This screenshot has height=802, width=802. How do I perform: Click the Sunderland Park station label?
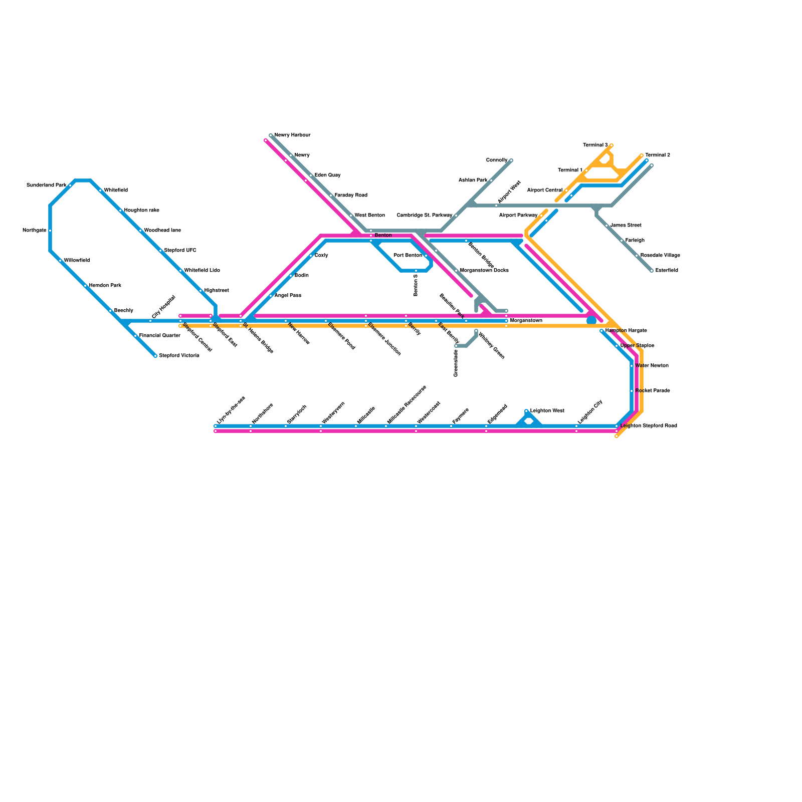tap(46, 185)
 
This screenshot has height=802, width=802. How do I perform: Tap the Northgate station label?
tap(35, 231)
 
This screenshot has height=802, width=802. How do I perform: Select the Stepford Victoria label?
tap(179, 356)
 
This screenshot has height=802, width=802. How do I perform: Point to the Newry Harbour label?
tap(292, 135)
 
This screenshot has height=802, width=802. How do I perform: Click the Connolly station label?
tap(497, 160)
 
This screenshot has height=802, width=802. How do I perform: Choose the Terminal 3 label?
tap(595, 145)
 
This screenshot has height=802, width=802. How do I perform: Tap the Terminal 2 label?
tap(657, 155)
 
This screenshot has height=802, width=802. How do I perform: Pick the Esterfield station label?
tap(667, 271)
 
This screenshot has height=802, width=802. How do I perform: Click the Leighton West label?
tap(547, 411)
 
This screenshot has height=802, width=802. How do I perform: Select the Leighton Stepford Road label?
tap(649, 426)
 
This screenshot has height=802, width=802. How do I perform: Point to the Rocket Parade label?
tap(652, 391)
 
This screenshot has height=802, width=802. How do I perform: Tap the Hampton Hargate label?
tap(626, 331)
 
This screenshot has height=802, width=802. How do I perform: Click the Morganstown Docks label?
tap(484, 271)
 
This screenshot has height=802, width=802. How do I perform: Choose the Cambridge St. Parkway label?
tap(424, 216)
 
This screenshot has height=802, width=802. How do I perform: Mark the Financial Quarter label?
tap(159, 336)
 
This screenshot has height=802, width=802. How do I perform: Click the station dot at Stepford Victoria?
tap(155, 356)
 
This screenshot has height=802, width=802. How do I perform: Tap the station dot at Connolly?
tap(511, 160)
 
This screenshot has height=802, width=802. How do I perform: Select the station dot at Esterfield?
tap(652, 271)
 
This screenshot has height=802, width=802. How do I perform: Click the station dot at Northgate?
tap(50, 231)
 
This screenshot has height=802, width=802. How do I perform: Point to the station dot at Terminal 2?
tap(642, 155)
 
